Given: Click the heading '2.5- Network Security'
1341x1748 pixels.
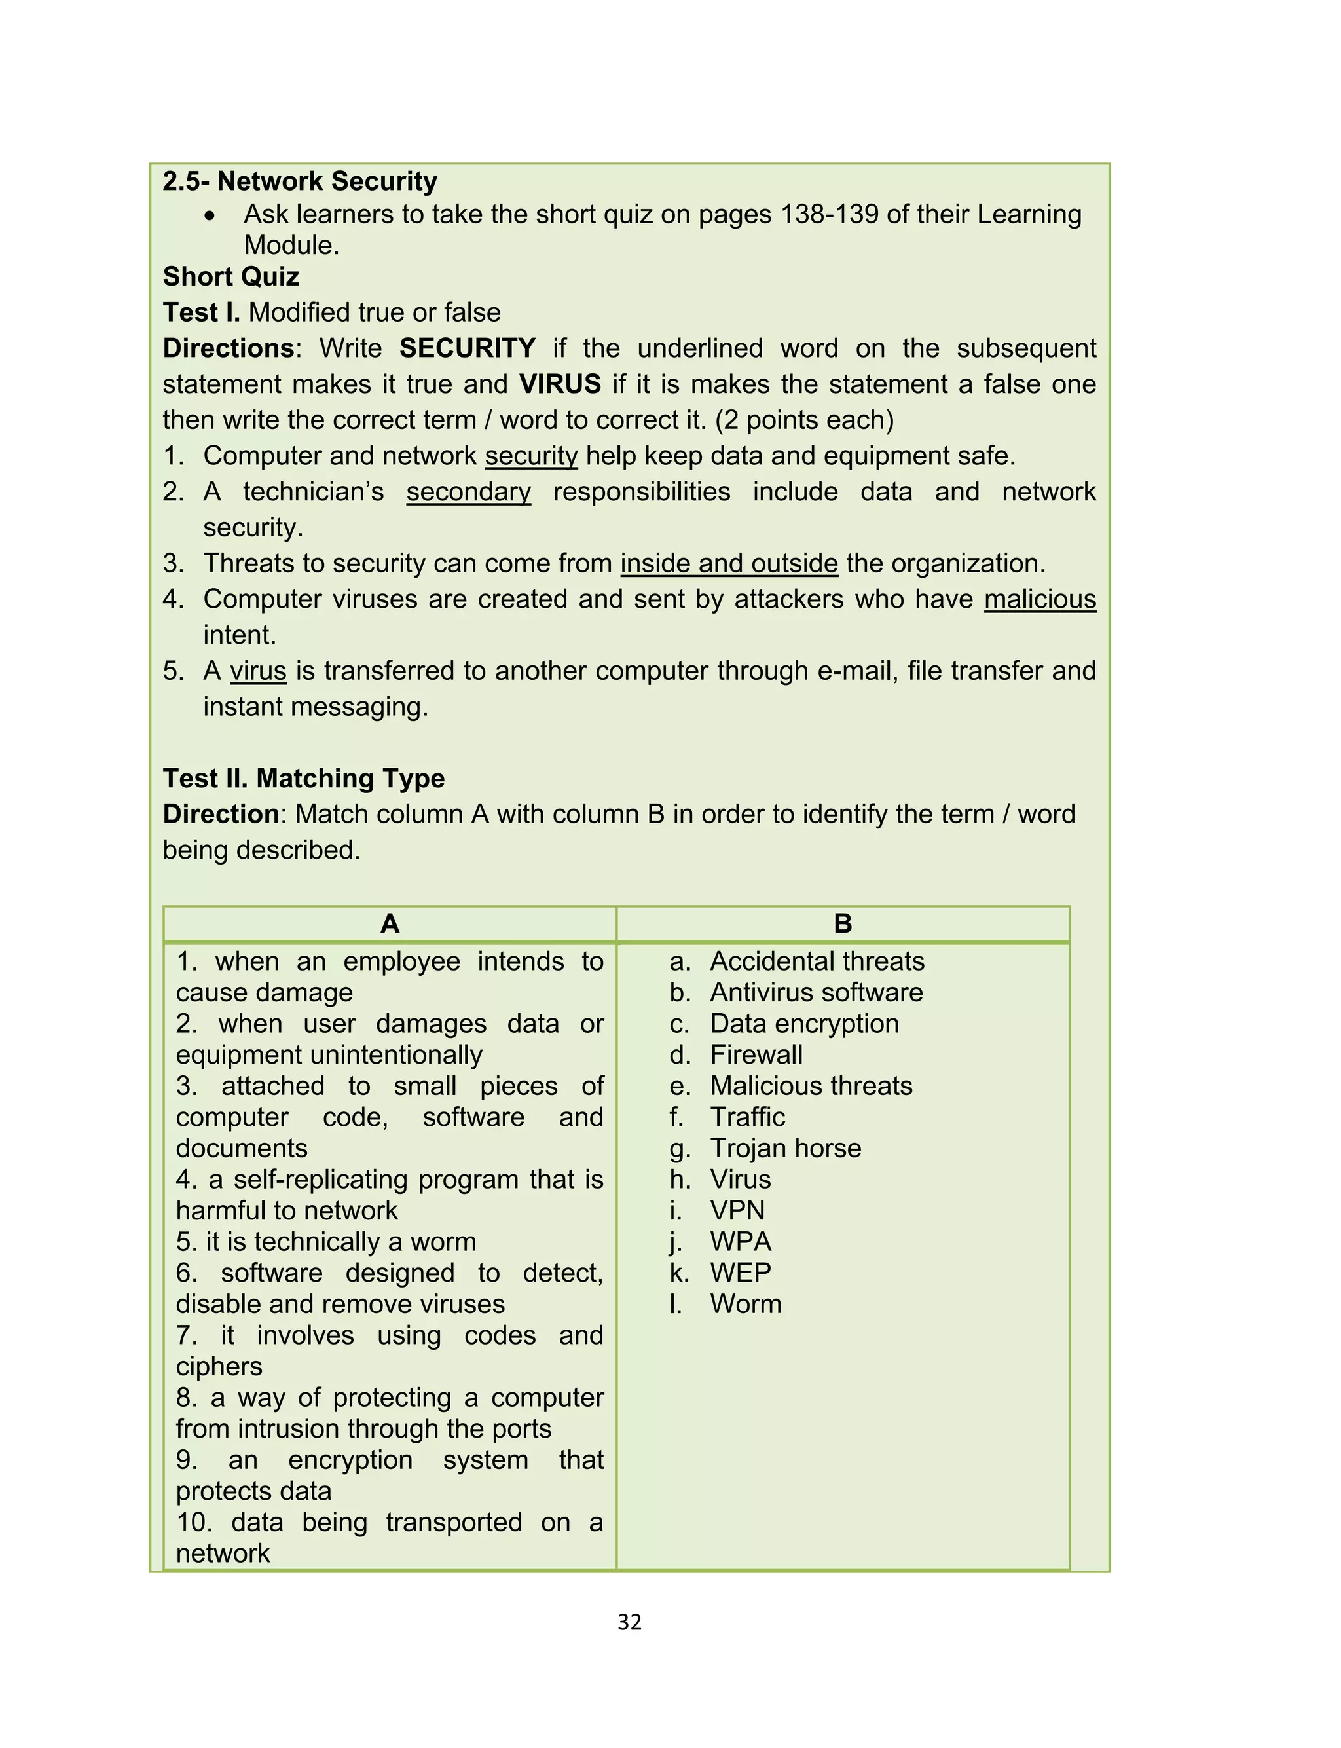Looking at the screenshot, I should click(299, 181).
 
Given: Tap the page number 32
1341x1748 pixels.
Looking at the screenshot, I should click(629, 1622).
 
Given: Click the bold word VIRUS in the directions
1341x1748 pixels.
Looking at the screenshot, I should click(560, 384).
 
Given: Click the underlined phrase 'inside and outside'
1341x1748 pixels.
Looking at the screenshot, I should click(729, 563).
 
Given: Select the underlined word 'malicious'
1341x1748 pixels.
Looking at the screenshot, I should click(1039, 599).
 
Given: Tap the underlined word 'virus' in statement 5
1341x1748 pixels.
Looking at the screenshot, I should click(258, 671).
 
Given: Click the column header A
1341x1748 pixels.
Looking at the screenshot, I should click(390, 923).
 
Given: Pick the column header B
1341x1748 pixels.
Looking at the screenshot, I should click(842, 923).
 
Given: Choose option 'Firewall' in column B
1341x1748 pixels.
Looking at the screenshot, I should click(756, 1054).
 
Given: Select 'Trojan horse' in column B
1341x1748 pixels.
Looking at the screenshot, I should click(786, 1148).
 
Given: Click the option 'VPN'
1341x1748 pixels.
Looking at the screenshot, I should click(737, 1210).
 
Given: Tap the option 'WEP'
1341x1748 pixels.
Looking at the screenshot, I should click(740, 1273).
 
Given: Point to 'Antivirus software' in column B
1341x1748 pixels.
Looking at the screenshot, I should click(816, 992).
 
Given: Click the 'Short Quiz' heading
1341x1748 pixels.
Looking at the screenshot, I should click(230, 276).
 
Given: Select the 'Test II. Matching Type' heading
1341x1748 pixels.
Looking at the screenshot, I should click(303, 778).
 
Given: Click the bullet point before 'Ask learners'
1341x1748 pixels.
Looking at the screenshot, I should click(209, 215).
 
